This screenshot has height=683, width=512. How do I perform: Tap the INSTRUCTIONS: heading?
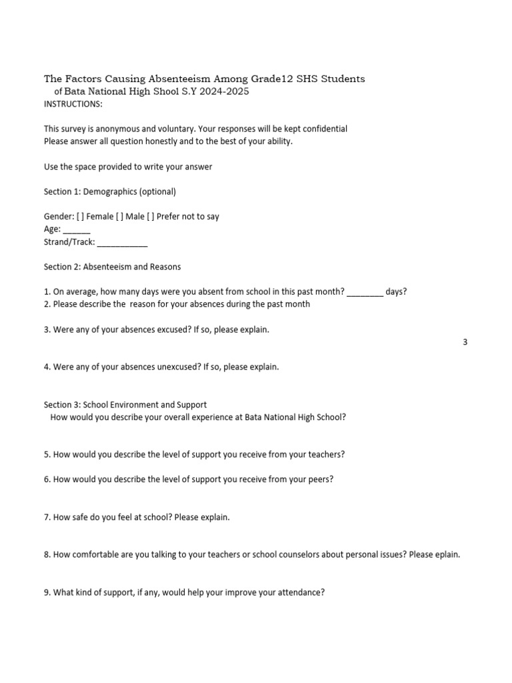[73, 105]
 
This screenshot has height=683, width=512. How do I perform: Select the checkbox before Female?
[80, 216]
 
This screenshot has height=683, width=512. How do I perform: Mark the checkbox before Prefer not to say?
[150, 216]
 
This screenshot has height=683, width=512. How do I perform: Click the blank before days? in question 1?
[365, 292]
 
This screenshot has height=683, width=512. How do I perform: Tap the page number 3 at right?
[465, 342]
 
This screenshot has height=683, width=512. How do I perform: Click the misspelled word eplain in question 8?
[446, 554]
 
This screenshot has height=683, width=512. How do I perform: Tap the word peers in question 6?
[319, 479]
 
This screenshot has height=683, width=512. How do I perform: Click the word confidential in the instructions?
[324, 129]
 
